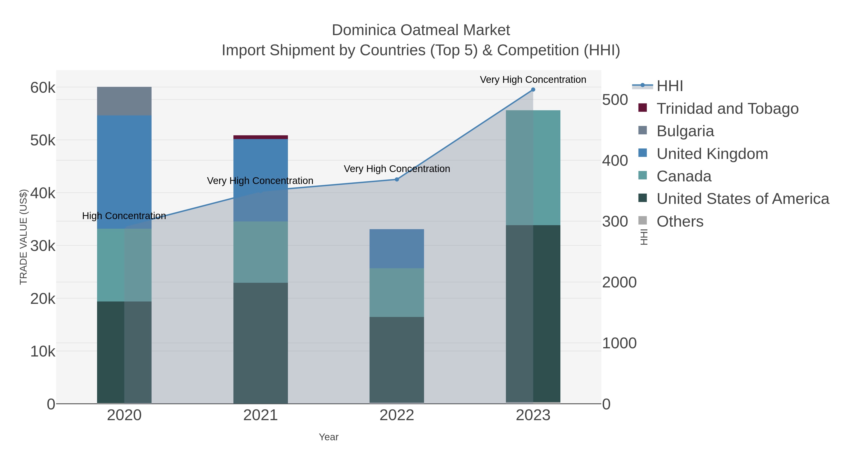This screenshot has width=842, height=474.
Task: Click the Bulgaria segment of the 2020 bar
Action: [124, 101]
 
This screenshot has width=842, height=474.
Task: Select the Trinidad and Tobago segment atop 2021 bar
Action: [261, 137]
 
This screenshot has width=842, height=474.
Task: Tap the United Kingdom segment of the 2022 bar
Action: [396, 249]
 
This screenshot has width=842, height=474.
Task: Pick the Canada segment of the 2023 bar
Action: [533, 168]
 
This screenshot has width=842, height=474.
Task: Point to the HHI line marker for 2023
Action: [533, 90]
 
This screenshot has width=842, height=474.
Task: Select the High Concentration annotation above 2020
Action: [124, 216]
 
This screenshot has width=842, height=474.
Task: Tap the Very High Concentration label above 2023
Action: [533, 80]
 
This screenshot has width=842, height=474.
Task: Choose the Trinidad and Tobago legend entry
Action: [727, 109]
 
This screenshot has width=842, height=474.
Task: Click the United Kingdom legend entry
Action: [712, 154]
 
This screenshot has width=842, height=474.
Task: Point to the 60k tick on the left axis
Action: [43, 88]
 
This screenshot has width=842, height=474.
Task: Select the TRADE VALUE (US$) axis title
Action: [24, 237]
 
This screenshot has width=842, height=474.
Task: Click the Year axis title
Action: [329, 437]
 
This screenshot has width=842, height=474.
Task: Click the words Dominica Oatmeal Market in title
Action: [421, 30]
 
